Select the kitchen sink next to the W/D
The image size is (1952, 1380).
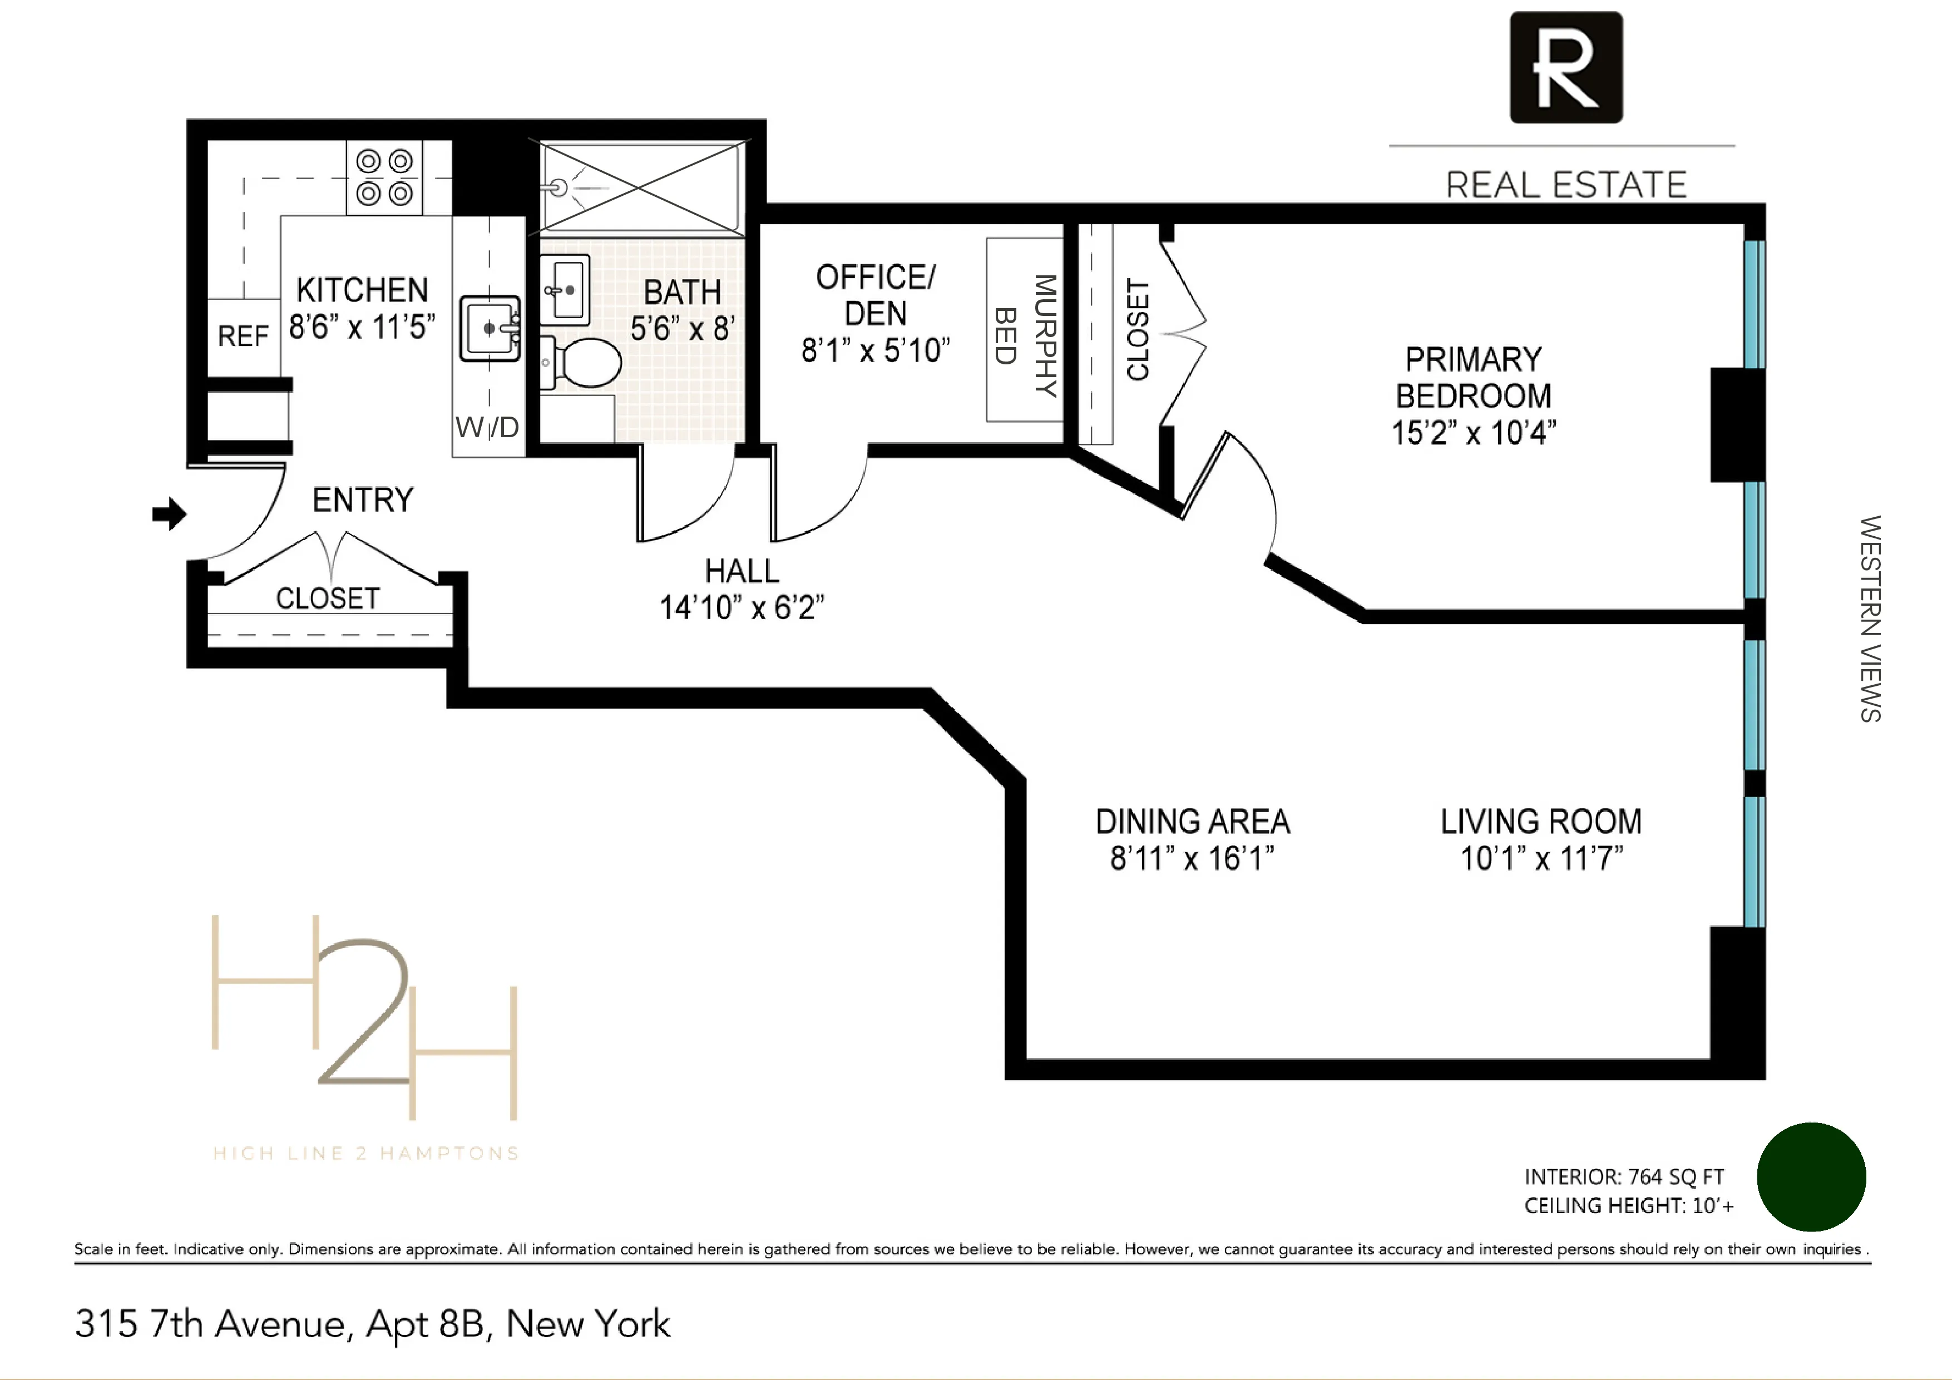click(x=490, y=328)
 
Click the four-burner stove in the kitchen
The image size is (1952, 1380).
click(x=384, y=177)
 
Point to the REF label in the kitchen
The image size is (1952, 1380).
click(x=243, y=337)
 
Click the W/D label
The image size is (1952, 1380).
click(x=487, y=427)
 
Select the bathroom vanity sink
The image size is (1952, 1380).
click(x=565, y=290)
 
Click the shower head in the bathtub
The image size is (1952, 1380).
click(x=559, y=187)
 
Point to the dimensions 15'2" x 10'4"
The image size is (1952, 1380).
click(x=1474, y=433)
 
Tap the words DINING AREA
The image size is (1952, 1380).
click(x=1192, y=822)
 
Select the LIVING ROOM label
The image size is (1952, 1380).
click(x=1540, y=822)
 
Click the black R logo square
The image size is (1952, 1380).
click(x=1565, y=67)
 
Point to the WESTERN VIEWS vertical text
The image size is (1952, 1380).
click(x=1870, y=619)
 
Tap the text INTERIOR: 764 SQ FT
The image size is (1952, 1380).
click(x=1623, y=1177)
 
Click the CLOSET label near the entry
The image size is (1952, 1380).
click(x=327, y=599)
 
